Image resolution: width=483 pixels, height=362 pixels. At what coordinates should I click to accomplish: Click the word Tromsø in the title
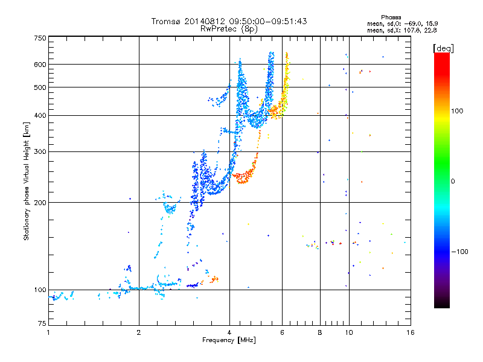(165, 21)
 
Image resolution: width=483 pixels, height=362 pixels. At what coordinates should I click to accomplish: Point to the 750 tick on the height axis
(40, 38)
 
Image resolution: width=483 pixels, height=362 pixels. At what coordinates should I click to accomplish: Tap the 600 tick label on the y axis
(40, 64)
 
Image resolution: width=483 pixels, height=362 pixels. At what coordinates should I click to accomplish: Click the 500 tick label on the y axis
(40, 87)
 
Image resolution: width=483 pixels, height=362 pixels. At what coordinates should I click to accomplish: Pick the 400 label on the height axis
(40, 115)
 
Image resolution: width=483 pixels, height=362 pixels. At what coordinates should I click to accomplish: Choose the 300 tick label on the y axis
(40, 151)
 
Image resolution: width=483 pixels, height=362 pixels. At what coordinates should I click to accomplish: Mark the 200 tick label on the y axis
(40, 202)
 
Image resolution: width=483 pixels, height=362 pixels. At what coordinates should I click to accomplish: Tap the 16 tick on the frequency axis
(409, 332)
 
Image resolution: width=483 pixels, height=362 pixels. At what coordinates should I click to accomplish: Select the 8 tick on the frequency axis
(320, 332)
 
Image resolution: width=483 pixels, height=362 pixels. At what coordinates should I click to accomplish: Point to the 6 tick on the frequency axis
(282, 332)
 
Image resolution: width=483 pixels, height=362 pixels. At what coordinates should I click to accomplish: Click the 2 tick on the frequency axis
(139, 332)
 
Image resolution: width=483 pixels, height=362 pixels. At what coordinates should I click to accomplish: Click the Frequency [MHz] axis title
(229, 340)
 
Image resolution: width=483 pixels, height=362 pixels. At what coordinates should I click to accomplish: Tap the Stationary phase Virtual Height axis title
(27, 182)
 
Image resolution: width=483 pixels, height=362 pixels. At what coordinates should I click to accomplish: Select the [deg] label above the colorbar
(443, 48)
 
